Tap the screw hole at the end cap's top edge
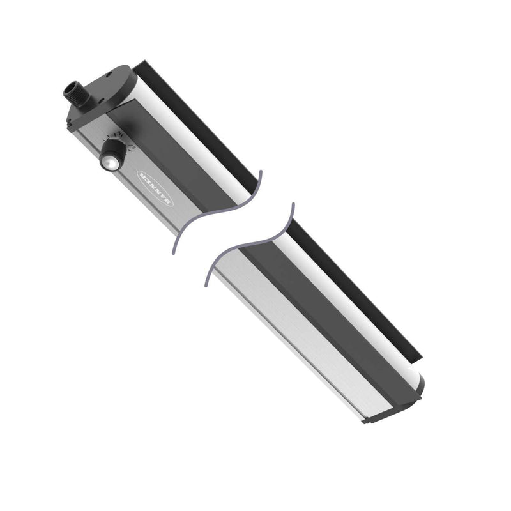click(120, 72)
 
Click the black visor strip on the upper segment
click(204, 121)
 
